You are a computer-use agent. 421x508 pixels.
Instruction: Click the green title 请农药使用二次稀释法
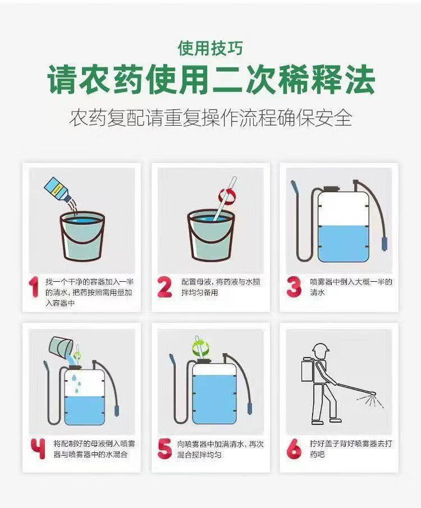pyautogui.click(x=211, y=80)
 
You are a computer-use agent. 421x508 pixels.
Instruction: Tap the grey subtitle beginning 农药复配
pyautogui.click(x=210, y=118)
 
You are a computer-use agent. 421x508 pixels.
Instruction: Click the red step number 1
pyautogui.click(x=34, y=287)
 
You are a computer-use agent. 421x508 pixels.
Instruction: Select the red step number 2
pyautogui.click(x=164, y=287)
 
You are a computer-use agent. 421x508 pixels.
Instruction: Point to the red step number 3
pyautogui.click(x=294, y=287)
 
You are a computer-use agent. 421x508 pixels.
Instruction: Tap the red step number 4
pyautogui.click(x=38, y=448)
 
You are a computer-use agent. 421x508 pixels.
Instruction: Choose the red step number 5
pyautogui.click(x=164, y=448)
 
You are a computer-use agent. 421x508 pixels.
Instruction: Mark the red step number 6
pyautogui.click(x=294, y=448)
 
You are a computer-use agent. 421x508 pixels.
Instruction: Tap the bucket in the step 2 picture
pyautogui.click(x=211, y=235)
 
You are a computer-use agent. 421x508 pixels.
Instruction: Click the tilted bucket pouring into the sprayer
pyautogui.click(x=61, y=346)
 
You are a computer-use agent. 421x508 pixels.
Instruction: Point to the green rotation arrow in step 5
pyautogui.click(x=201, y=347)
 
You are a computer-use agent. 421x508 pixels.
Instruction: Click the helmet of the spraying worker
pyautogui.click(x=321, y=349)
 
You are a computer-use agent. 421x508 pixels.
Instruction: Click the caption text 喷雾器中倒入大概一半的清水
pyautogui.click(x=351, y=287)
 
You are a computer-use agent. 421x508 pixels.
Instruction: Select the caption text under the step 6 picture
pyautogui.click(x=351, y=448)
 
